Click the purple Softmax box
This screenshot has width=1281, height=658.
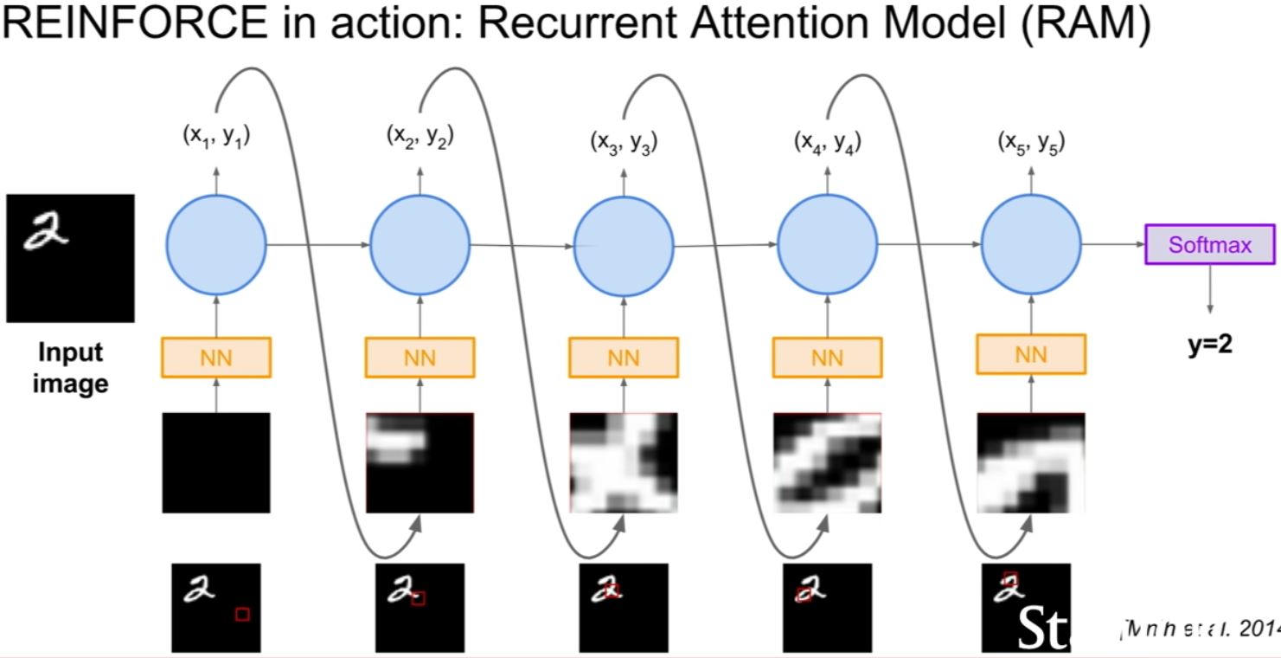1209,245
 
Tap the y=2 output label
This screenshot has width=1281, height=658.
1209,344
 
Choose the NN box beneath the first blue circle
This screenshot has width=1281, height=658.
216,357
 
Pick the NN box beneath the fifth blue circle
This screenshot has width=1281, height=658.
1031,354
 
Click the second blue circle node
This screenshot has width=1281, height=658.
420,245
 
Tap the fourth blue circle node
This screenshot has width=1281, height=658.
828,245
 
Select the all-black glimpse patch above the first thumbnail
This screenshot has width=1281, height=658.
216,462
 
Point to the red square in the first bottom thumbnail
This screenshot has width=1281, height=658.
242,614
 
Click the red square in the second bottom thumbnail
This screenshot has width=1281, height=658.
419,598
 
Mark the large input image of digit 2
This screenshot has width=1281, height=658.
70,258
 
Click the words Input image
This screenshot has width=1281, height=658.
70,367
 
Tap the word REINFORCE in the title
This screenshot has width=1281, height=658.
134,24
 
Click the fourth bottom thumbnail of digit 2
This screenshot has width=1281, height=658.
827,607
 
